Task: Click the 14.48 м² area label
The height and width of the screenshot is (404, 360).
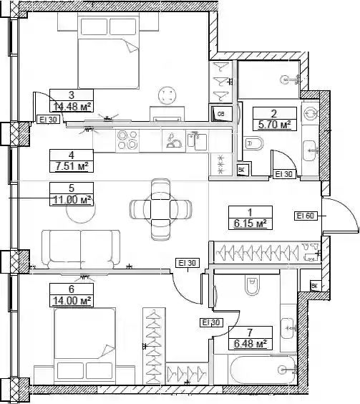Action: (72, 106)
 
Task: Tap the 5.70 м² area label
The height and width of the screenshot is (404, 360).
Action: (274, 125)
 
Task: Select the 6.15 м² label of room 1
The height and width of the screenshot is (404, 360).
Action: (250, 223)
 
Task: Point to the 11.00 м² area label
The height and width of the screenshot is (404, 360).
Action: (72, 199)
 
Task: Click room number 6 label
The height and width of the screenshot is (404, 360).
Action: (72, 289)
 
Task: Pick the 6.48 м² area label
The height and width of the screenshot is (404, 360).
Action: (250, 343)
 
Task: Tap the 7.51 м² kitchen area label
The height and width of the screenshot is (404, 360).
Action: (72, 166)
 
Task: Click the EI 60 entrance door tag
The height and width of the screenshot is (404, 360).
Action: (306, 216)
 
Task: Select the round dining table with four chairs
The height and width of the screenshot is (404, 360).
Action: (160, 209)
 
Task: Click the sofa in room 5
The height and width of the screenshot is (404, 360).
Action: (81, 249)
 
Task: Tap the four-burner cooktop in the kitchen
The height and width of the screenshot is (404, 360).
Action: (127, 140)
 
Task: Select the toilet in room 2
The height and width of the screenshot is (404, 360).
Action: (253, 143)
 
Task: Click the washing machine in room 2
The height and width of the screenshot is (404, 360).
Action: (309, 114)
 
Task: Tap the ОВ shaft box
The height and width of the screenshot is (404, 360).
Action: (221, 114)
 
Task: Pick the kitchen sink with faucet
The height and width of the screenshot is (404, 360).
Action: (197, 141)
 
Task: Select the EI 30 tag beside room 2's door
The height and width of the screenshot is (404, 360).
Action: (284, 174)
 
